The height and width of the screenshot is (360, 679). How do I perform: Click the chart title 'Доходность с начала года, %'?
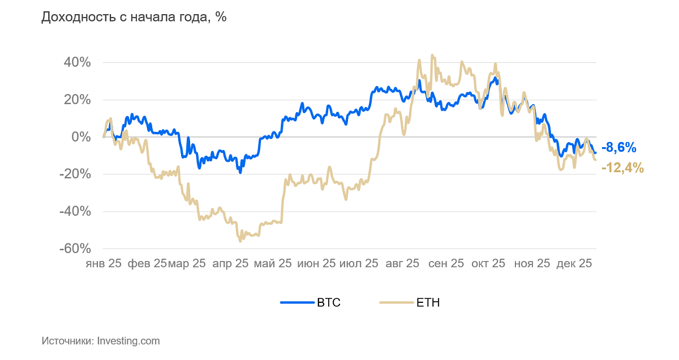[x=134, y=17]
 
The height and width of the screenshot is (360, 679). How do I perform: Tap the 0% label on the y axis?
[x=80, y=137]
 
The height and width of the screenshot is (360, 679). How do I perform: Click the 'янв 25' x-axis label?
[x=104, y=263]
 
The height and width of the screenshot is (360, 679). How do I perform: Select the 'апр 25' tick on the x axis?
[x=230, y=263]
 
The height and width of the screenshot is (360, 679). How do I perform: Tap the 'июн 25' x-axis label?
[x=317, y=263]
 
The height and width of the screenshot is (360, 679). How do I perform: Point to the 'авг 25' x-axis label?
[x=402, y=263]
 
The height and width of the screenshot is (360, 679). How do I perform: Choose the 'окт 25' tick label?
[x=488, y=263]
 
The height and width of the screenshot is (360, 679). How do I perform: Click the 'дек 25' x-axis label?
[x=574, y=263]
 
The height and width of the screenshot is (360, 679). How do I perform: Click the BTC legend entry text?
[x=329, y=303]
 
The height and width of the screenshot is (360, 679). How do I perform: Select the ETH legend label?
[x=428, y=303]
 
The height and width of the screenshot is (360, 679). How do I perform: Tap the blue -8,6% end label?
[x=619, y=148]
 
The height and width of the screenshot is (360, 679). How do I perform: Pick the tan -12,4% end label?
[x=622, y=168]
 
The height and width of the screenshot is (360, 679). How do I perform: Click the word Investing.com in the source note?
[x=128, y=341]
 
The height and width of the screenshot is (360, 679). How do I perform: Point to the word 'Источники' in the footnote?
[x=67, y=341]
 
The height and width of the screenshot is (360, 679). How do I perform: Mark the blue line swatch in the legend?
[x=297, y=303]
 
